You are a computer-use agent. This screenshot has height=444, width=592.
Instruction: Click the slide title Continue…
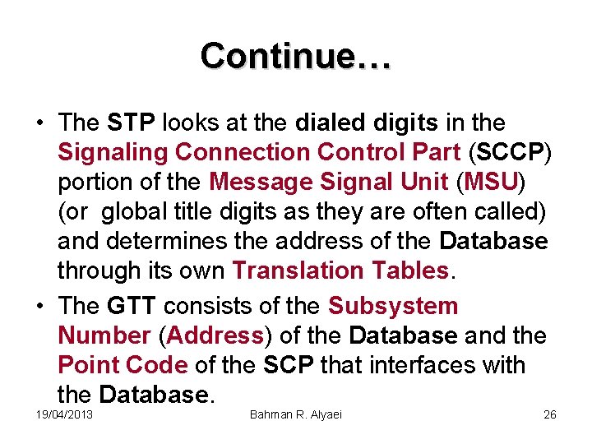pos(296,56)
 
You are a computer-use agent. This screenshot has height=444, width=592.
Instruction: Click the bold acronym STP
pos(132,123)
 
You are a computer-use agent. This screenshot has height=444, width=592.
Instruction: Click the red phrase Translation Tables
pos(340,271)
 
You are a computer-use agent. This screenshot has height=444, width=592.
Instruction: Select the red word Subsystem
pos(393,306)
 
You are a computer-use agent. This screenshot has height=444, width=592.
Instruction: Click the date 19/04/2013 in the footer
pos(64,414)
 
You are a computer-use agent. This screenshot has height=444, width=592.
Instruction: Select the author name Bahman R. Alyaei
pos(295,414)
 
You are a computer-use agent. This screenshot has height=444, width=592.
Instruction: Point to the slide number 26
pos(550,414)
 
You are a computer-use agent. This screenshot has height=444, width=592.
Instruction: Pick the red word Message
pos(259,182)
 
